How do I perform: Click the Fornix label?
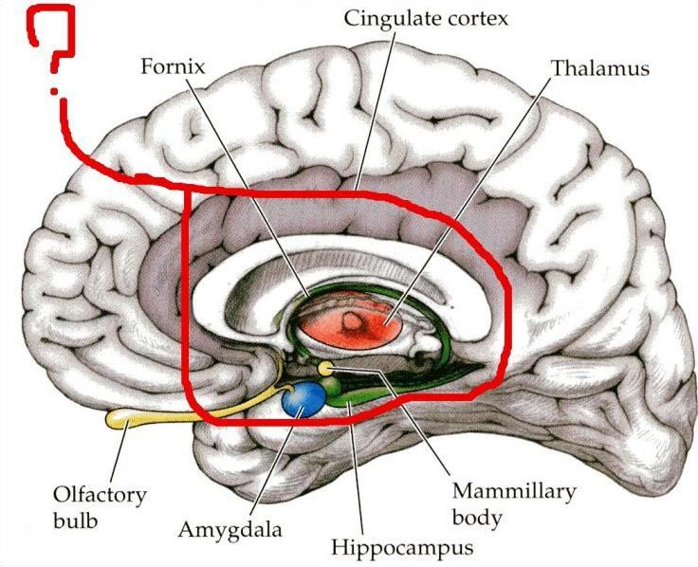[x=173, y=66]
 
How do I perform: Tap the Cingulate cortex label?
[x=426, y=19]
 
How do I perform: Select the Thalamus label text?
[x=600, y=68]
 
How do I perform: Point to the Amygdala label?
[x=230, y=530]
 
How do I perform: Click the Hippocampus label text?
[x=401, y=547]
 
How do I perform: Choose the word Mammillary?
[x=514, y=491]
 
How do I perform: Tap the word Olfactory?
[x=100, y=494]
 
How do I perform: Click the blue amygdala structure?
[x=304, y=399]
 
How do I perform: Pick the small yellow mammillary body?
[x=326, y=368]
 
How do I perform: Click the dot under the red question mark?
[x=54, y=92]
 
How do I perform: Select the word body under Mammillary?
[x=477, y=518]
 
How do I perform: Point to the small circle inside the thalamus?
[x=352, y=320]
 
